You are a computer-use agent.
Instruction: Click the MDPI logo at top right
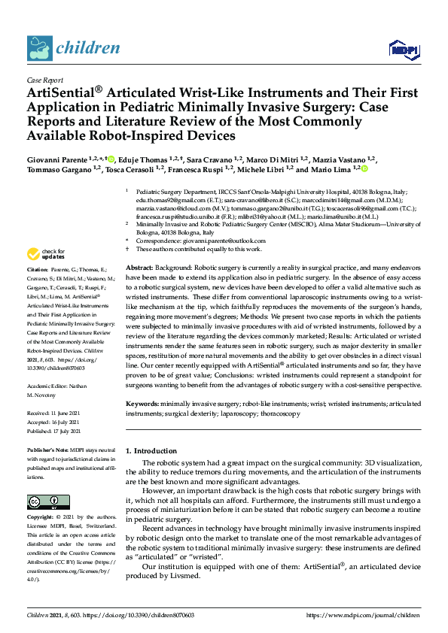403,50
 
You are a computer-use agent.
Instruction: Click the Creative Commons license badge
43,501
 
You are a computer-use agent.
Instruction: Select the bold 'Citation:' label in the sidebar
37,268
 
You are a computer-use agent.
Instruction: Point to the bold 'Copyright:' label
41,518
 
